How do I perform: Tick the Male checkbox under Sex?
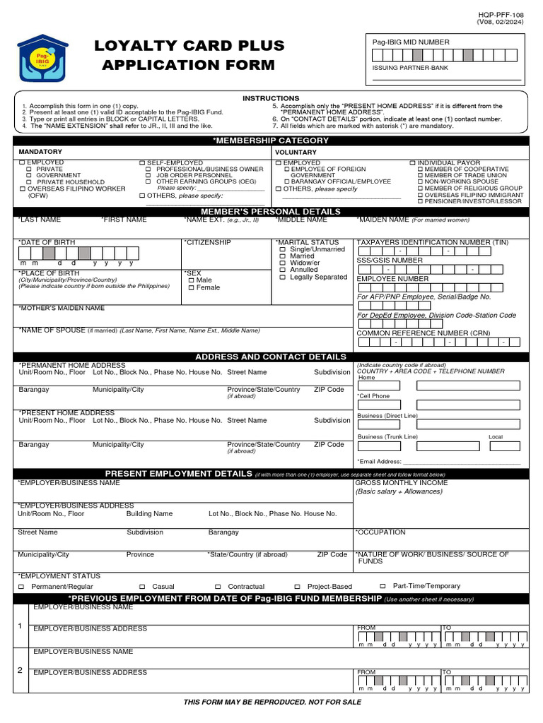tap(191, 280)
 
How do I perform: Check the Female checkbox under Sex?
tap(191, 288)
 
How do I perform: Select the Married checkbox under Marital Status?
tap(283, 256)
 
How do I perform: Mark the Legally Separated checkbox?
tap(283, 277)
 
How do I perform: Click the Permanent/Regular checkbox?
tap(21, 587)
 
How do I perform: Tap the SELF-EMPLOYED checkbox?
tap(142, 163)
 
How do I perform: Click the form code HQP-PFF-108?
tap(500, 14)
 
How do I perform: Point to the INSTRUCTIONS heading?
tap(271, 98)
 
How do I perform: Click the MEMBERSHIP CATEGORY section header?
tap(271, 141)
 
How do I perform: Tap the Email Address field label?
tap(380, 461)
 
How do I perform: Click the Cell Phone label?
tap(374, 396)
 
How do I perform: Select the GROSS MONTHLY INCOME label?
tap(402, 483)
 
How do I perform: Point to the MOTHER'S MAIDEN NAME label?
tap(62, 309)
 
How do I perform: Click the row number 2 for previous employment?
tap(20, 669)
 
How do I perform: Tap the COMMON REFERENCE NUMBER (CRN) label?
tap(424, 333)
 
